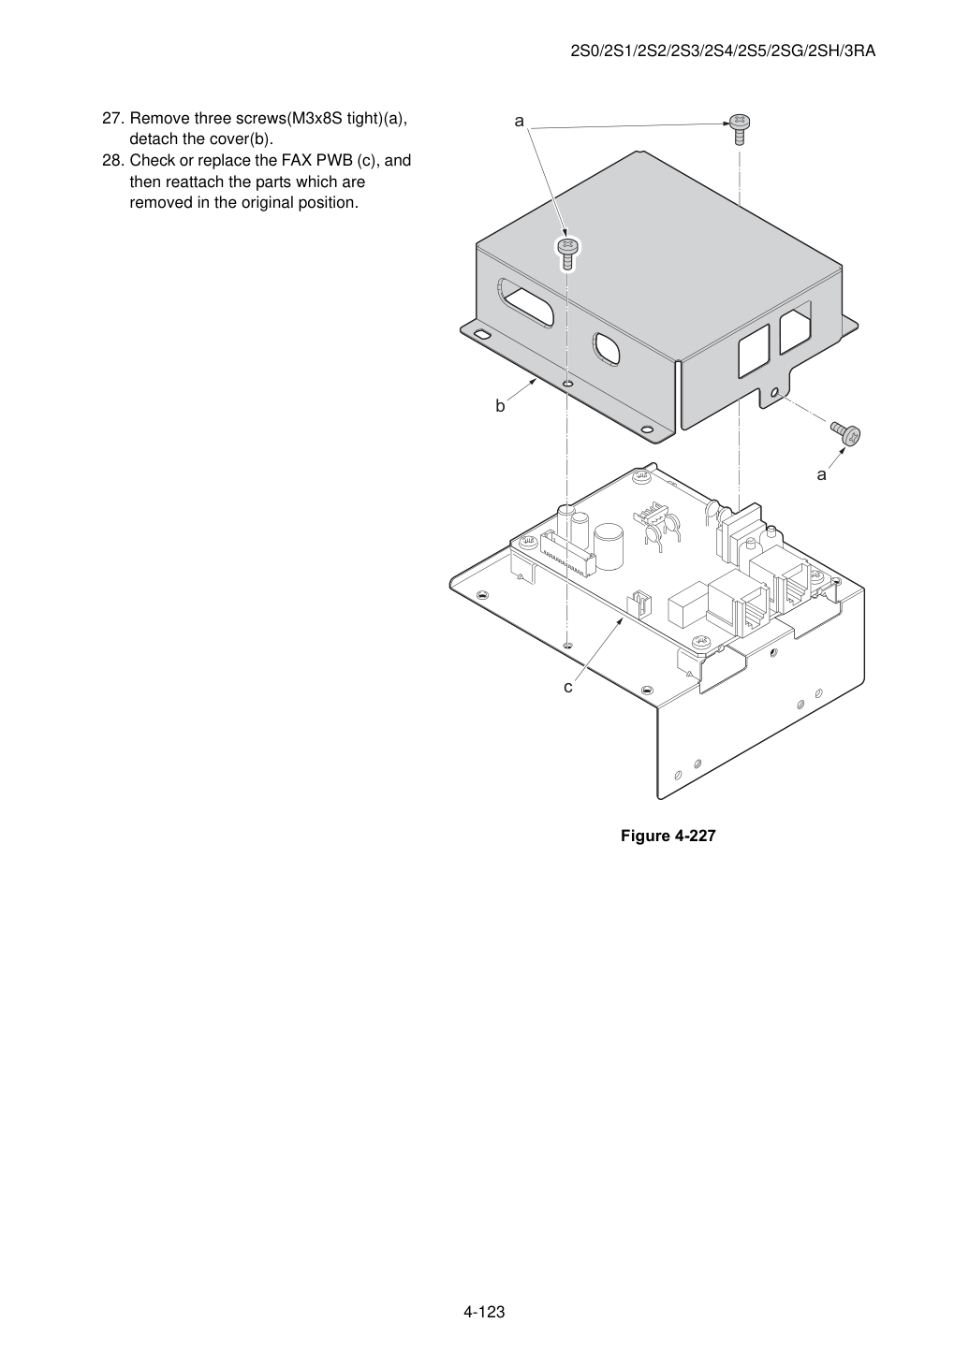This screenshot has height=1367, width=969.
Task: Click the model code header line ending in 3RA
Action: (x=723, y=51)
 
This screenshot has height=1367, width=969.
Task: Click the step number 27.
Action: (x=113, y=119)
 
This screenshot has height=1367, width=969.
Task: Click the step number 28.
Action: (x=113, y=161)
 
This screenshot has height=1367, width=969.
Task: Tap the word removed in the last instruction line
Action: (x=161, y=203)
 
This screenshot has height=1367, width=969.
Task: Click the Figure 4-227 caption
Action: (x=668, y=836)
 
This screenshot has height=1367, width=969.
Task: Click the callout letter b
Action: (x=500, y=406)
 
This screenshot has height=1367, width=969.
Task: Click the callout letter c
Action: (x=568, y=687)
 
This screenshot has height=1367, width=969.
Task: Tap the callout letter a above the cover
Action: (x=519, y=122)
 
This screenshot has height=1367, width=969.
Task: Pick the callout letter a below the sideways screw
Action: (x=821, y=474)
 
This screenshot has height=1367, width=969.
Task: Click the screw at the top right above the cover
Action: (x=740, y=129)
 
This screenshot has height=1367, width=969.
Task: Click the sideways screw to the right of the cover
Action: (x=845, y=432)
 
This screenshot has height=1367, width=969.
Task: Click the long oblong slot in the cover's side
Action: (x=526, y=302)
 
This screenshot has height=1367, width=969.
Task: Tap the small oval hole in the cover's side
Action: (x=607, y=350)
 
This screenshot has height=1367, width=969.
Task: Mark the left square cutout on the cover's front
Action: (x=754, y=350)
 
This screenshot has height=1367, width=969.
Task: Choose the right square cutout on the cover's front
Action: (x=795, y=327)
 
